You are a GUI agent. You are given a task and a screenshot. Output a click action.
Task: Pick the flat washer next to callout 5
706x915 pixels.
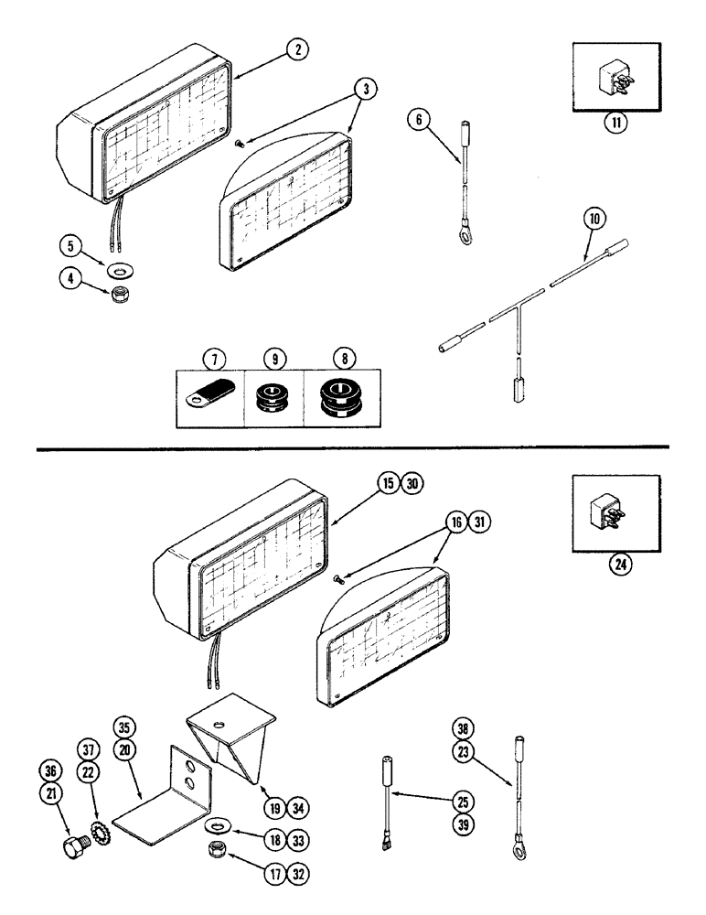(x=118, y=272)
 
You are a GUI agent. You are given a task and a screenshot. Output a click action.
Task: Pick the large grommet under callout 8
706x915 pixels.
(x=339, y=396)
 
